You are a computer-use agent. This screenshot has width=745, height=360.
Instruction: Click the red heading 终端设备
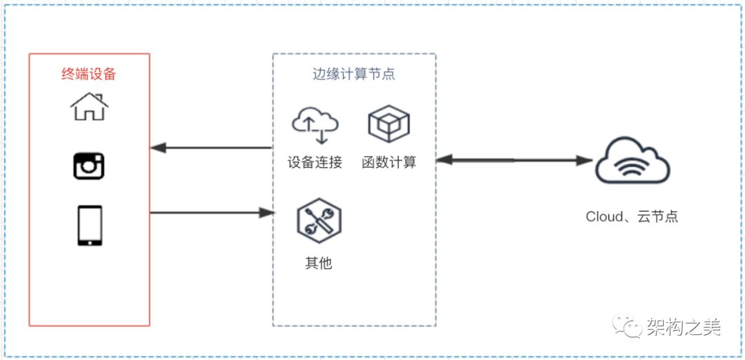tap(89, 74)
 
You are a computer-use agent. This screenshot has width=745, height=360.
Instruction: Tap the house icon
tap(89, 108)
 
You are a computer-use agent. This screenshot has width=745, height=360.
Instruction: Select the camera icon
tap(89, 166)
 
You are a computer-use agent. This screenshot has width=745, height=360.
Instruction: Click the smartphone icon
tap(89, 225)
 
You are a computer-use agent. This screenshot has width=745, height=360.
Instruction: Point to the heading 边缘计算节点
tap(354, 74)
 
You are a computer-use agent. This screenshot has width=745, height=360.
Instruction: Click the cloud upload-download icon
tap(315, 124)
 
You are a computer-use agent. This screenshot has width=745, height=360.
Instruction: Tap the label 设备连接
tap(315, 163)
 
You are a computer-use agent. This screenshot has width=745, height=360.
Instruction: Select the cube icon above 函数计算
tap(389, 124)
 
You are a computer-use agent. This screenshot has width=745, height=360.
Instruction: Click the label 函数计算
tap(389, 163)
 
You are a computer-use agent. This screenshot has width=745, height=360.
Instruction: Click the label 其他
tap(319, 263)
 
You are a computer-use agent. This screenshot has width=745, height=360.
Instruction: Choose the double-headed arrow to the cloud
tap(515, 161)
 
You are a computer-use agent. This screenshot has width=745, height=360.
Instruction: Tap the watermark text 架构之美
tap(683, 327)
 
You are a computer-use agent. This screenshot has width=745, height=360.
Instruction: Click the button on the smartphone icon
tap(89, 241)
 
